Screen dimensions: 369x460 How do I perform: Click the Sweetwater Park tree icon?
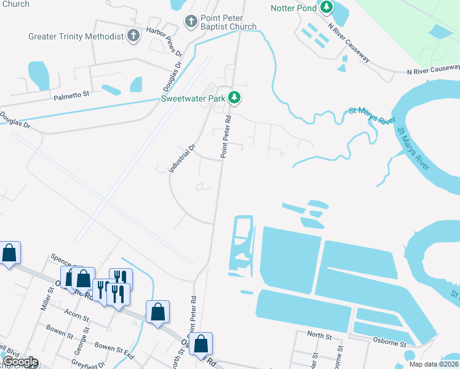pyautogui.click(x=234, y=98)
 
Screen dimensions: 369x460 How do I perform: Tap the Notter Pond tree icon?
pyautogui.click(x=326, y=8)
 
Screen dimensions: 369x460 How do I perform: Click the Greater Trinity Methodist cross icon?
pyautogui.click(x=133, y=36)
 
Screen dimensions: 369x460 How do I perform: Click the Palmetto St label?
pyautogui.click(x=71, y=95)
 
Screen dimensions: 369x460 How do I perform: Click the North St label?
pyautogui.click(x=319, y=337)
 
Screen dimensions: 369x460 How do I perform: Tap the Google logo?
pyautogui.click(x=20, y=362)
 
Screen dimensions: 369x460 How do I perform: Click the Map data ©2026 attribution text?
pyautogui.click(x=434, y=364)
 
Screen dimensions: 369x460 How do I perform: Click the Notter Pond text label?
pyautogui.click(x=293, y=8)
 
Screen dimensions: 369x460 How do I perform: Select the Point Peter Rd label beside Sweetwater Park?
pyautogui.click(x=226, y=137)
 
